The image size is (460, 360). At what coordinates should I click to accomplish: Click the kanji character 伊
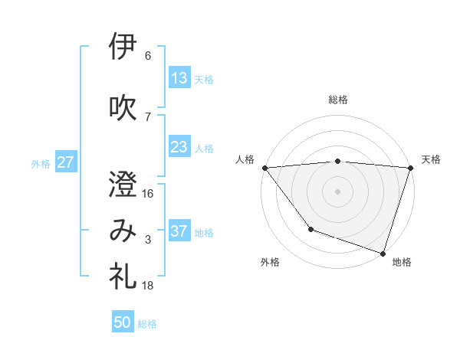pyautogui.click(x=123, y=47)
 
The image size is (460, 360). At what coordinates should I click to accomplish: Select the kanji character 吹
pyautogui.click(x=123, y=106)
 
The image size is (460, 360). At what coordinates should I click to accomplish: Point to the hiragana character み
pyautogui.click(x=123, y=231)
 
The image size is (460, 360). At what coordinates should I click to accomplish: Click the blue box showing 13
pyautogui.click(x=179, y=78)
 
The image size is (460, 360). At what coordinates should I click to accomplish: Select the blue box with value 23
pyautogui.click(x=179, y=147)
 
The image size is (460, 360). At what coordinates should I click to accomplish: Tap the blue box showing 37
pyautogui.click(x=179, y=231)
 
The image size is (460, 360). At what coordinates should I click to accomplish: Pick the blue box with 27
pyautogui.click(x=66, y=162)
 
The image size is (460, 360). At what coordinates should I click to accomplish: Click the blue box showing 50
pyautogui.click(x=123, y=322)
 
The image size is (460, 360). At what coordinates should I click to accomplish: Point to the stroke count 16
pyautogui.click(x=148, y=193)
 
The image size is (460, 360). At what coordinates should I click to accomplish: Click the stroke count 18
pyautogui.click(x=148, y=285)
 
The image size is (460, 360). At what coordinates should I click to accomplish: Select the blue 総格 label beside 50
pyautogui.click(x=147, y=323)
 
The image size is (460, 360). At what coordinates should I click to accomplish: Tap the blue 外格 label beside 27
pyautogui.click(x=41, y=163)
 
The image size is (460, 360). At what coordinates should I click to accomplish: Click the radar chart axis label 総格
pyautogui.click(x=337, y=100)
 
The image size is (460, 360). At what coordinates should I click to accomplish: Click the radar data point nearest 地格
pyautogui.click(x=383, y=253)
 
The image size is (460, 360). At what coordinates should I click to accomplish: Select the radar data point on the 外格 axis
pyautogui.click(x=310, y=228)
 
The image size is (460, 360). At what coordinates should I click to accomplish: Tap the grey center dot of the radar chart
pyautogui.click(x=337, y=191)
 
